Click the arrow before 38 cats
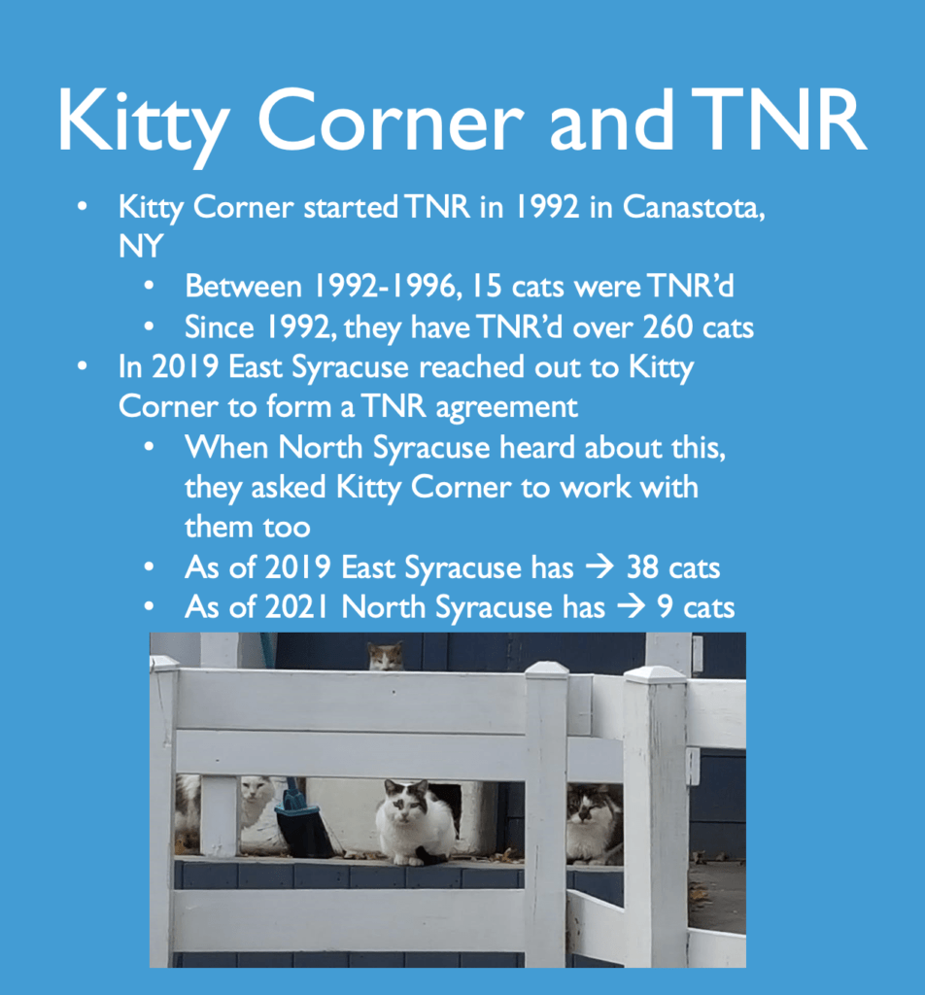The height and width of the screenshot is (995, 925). pos(600,566)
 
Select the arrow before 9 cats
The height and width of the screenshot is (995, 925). pos(631,607)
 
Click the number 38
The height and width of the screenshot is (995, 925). pos(641,567)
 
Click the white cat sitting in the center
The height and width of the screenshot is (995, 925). pos(416,822)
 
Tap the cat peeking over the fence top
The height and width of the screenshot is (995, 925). pos(386,657)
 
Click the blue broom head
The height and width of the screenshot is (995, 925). pos(303,826)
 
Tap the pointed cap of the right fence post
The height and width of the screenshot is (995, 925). pos(655,674)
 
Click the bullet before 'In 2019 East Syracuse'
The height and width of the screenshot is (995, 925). pos(82,366)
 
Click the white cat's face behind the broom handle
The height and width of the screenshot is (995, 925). pos(257,791)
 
